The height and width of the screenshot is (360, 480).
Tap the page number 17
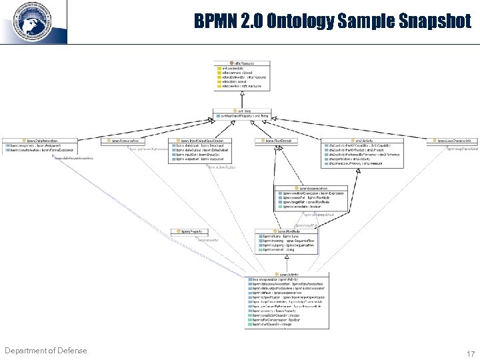(471, 354)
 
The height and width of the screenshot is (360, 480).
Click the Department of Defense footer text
(45, 351)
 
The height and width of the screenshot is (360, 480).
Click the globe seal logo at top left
(32, 21)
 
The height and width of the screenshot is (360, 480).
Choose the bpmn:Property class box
(187, 231)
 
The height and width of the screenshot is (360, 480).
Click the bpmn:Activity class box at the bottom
(287, 300)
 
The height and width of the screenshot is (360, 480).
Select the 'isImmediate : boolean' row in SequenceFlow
(303, 207)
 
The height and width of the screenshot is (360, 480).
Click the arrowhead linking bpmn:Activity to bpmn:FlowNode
(286, 257)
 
